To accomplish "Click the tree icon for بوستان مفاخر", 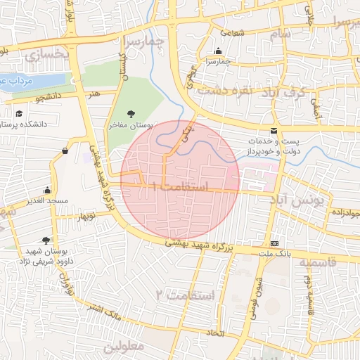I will (x=131, y=113).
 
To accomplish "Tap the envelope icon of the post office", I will (x=274, y=131).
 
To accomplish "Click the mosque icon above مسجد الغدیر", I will (x=47, y=190).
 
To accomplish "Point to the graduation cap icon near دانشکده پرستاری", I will (x=20, y=112).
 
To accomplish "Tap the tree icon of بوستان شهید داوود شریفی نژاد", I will (x=46, y=240).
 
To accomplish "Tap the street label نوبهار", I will (x=82, y=214).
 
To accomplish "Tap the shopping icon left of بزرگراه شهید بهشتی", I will (x=65, y=150).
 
